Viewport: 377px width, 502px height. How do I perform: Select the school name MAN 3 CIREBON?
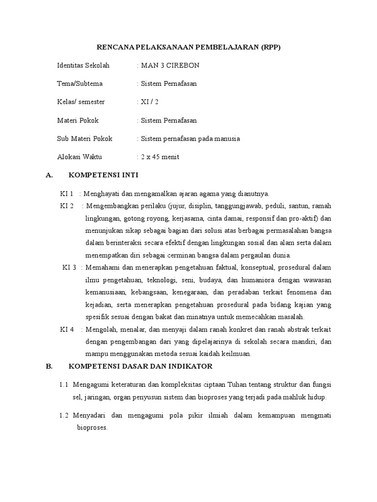click(x=170, y=65)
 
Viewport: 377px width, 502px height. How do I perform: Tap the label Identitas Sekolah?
click(x=83, y=65)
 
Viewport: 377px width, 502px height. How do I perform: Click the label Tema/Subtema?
click(x=80, y=83)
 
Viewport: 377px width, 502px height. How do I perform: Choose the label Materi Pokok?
click(x=78, y=120)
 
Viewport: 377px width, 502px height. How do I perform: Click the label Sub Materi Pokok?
click(x=85, y=138)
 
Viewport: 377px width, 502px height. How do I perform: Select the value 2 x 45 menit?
click(x=160, y=157)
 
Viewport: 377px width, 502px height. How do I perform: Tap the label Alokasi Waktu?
click(x=81, y=157)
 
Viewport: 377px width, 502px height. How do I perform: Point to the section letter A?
click(x=48, y=175)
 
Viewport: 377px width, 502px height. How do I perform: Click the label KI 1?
click(x=67, y=193)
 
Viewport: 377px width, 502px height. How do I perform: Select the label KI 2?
click(x=67, y=205)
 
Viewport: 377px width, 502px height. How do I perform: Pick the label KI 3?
click(x=69, y=267)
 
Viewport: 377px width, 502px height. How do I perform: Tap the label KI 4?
click(x=67, y=329)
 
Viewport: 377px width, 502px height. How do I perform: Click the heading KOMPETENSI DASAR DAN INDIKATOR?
click(x=140, y=366)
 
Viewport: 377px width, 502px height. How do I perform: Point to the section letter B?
click(x=48, y=366)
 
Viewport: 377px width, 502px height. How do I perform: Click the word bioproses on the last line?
click(x=92, y=427)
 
